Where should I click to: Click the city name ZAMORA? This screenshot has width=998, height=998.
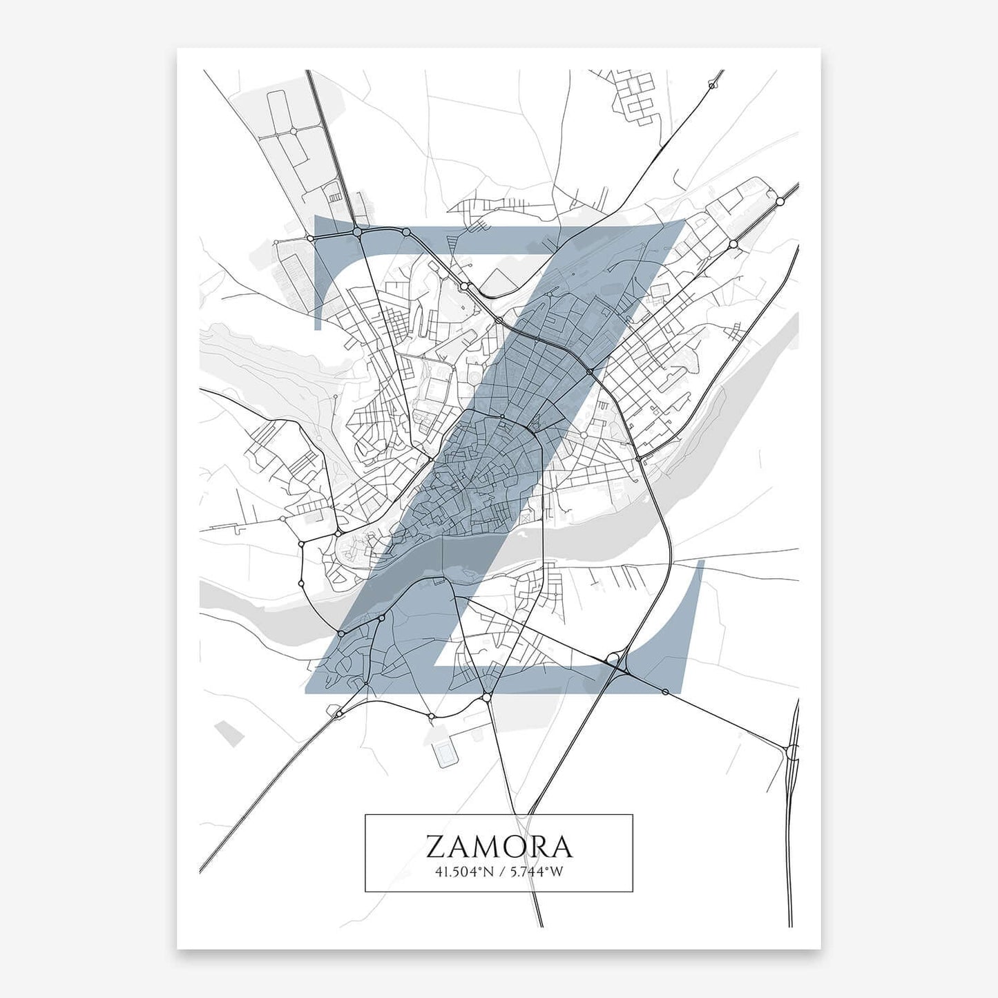tap(499, 846)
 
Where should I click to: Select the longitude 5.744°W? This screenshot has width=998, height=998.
tap(537, 872)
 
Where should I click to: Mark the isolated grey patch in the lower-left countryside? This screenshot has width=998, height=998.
tap(229, 733)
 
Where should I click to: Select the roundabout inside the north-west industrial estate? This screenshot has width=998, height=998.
tap(293, 131)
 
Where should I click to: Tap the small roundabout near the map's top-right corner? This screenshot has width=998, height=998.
tap(711, 86)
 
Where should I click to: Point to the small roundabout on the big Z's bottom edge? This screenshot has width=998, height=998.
tap(665, 691)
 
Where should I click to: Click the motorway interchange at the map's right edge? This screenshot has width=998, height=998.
tap(791, 751)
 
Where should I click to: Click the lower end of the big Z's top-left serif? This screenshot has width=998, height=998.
tap(318, 327)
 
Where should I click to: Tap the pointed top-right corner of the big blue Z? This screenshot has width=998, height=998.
tap(684, 218)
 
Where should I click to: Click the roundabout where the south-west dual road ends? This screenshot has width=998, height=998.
tap(338, 713)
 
